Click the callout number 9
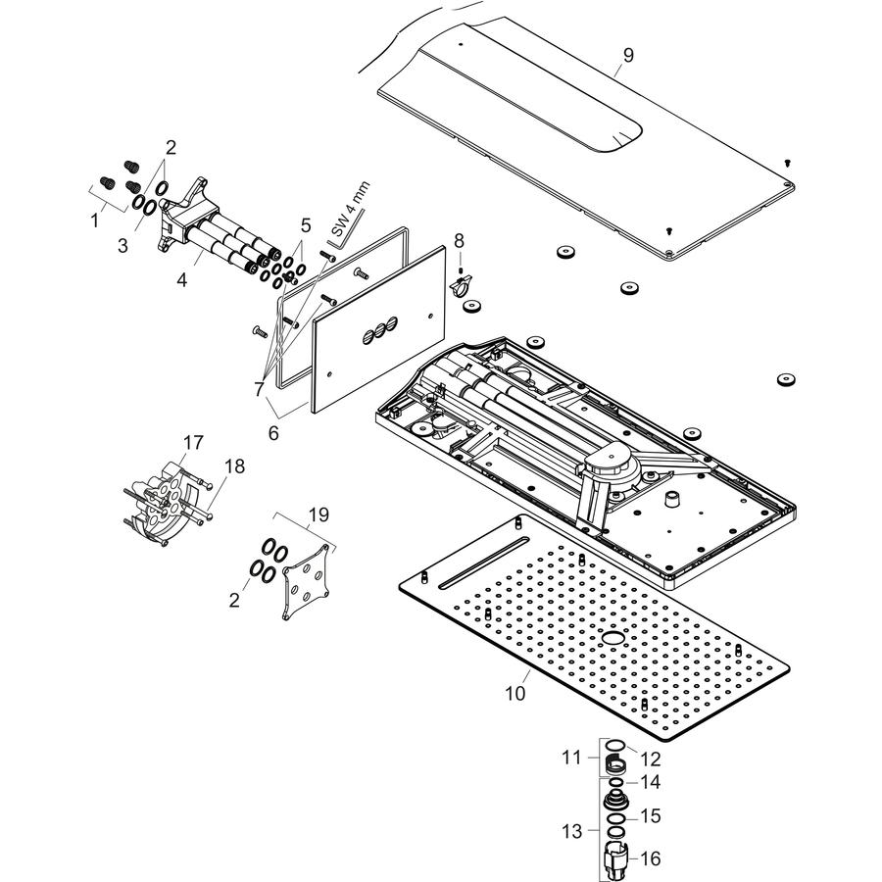(628, 55)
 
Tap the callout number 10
(514, 693)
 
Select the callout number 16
(651, 858)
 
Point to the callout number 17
(192, 443)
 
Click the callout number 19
(318, 515)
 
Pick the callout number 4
(181, 279)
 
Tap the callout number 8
(459, 241)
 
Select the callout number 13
(571, 831)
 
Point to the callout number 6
(272, 433)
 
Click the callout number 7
(259, 388)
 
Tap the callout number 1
(94, 220)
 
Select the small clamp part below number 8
(462, 284)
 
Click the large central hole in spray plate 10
(612, 638)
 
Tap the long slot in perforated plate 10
(483, 563)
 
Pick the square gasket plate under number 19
(306, 581)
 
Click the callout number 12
(651, 759)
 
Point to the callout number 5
(306, 225)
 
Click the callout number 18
(234, 466)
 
